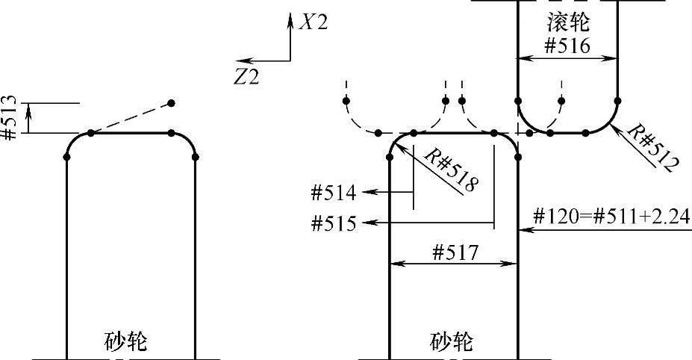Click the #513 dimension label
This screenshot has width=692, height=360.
tap(10, 118)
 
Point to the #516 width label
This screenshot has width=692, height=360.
tap(567, 46)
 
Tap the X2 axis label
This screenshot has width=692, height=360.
tap(313, 22)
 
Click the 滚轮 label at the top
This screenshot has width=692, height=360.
tap(567, 22)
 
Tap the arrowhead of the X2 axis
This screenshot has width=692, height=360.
tap(290, 16)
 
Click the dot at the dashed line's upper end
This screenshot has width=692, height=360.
tap(172, 102)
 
